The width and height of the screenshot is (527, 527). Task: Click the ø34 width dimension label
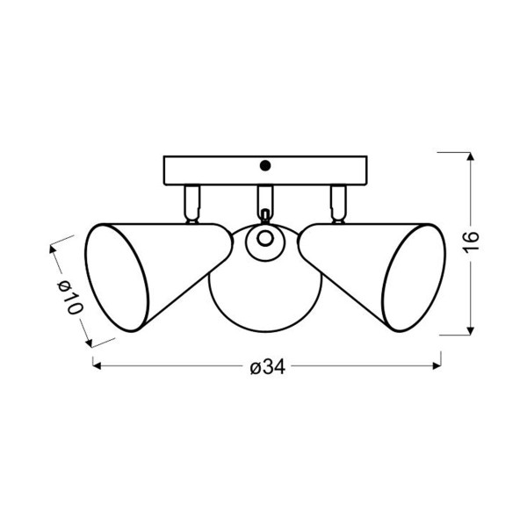click(x=268, y=366)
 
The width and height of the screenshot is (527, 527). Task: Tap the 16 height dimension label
click(x=471, y=241)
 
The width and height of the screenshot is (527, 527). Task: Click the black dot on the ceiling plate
click(x=265, y=165)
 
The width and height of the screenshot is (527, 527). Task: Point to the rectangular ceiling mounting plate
click(x=265, y=170)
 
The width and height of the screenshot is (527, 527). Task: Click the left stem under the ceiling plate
click(x=191, y=204)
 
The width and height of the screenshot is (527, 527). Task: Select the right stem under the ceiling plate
click(x=338, y=204)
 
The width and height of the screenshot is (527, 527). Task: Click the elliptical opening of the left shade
click(x=116, y=278)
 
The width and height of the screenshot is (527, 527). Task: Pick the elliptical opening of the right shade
click(x=414, y=278)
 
